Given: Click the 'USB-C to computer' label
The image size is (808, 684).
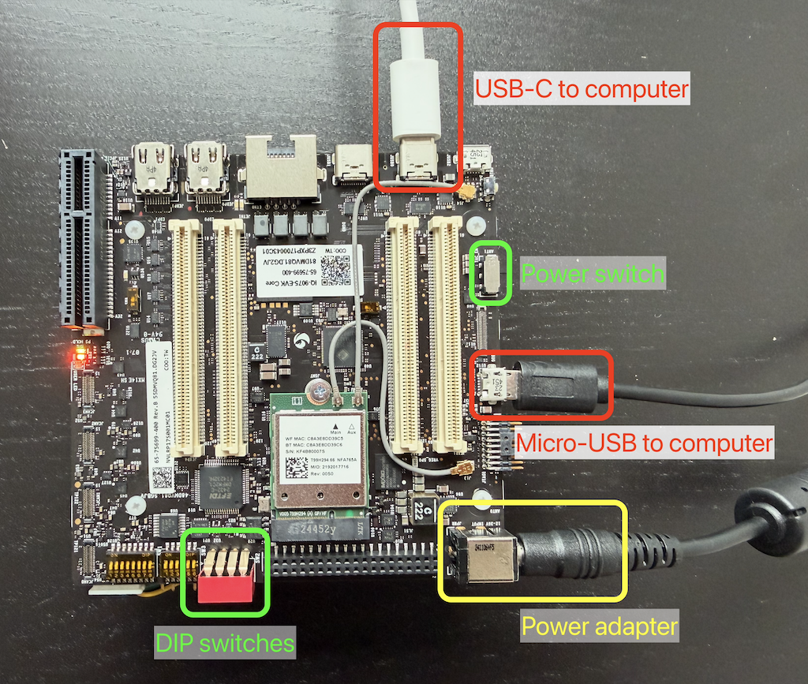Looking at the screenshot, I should click(582, 89).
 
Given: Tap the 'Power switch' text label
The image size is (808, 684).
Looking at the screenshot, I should click(593, 275).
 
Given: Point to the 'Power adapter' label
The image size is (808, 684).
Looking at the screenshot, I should click(600, 627).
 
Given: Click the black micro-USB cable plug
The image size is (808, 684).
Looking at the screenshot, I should click(556, 386).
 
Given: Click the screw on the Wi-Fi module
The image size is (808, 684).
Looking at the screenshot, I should click(320, 387).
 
